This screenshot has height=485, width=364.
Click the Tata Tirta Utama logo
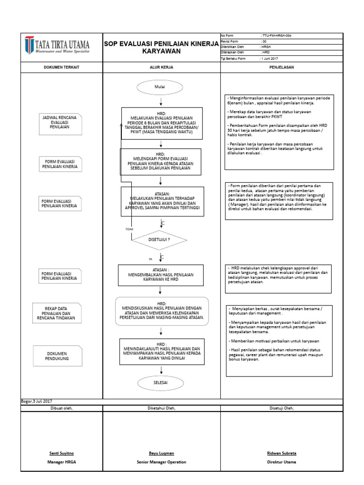(x=57, y=46)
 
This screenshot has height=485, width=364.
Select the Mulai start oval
(x=161, y=87)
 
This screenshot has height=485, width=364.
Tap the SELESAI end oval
(x=161, y=382)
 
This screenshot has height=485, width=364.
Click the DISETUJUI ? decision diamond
(x=159, y=240)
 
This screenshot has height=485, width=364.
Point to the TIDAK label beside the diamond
(x=129, y=229)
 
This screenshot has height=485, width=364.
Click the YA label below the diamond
(x=151, y=259)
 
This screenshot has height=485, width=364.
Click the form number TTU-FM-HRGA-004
(x=276, y=36)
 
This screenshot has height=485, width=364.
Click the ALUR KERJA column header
(x=161, y=67)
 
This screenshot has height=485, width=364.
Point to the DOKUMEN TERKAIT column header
(x=62, y=67)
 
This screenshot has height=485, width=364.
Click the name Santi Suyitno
(x=62, y=453)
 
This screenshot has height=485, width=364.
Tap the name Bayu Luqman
(x=161, y=453)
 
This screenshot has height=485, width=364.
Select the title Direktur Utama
(x=282, y=461)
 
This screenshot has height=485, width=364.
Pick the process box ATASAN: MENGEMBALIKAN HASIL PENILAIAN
(x=161, y=274)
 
